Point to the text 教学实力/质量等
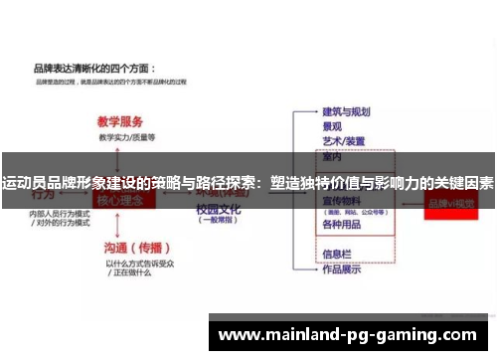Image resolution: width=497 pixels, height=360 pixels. click(126, 134)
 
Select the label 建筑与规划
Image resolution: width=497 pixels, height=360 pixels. click(346, 111)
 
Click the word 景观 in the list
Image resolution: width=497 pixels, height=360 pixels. click(332, 126)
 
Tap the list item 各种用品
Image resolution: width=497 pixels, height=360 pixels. click(340, 225)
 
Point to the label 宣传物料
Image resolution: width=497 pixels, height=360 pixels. click(340, 200)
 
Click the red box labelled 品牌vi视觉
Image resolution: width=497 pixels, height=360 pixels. click(451, 202)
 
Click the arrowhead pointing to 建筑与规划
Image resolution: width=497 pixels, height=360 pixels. click(314, 111)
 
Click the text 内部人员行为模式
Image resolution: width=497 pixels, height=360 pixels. click(60, 214)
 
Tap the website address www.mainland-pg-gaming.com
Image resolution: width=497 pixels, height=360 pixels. click(348, 334)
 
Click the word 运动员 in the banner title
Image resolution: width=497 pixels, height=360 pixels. click(22, 184)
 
